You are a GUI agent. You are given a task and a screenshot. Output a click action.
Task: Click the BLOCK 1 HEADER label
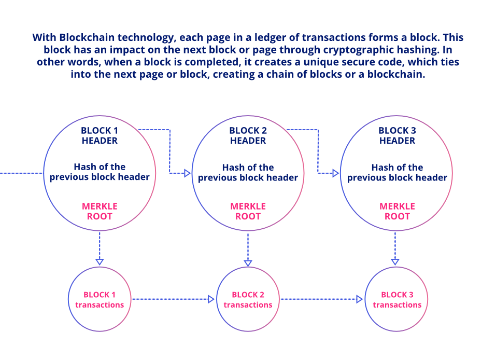click(100, 135)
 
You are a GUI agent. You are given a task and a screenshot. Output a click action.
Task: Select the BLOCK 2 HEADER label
click(248, 135)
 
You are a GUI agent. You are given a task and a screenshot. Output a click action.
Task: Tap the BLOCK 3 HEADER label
click(397, 135)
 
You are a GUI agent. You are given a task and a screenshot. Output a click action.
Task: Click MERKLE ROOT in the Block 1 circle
click(100, 211)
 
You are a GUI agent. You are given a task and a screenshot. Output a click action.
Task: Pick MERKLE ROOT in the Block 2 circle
click(248, 211)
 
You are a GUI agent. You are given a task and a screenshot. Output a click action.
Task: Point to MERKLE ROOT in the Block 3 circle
click(397, 211)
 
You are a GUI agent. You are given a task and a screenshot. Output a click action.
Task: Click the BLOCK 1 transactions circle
click(100, 299)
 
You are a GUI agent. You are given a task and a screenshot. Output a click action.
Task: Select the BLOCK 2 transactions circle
click(248, 299)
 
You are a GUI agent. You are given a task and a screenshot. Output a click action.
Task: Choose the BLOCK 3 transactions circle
click(397, 299)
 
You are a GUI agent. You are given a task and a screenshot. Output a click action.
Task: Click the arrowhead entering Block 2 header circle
click(188, 173)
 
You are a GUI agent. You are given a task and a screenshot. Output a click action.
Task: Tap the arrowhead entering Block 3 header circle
click(336, 173)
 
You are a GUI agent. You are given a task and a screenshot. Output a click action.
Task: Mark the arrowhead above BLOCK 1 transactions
click(100, 261)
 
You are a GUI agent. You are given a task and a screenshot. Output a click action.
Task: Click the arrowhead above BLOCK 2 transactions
click(248, 263)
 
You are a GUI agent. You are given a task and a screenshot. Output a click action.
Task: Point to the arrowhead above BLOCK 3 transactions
click(395, 261)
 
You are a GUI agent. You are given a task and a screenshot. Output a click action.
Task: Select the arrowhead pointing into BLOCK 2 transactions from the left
click(211, 299)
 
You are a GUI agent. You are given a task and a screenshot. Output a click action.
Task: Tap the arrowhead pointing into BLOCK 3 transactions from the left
click(359, 299)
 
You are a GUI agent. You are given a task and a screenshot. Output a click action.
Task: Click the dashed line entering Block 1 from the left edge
click(21, 173)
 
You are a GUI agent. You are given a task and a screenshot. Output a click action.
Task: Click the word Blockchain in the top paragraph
click(84, 38)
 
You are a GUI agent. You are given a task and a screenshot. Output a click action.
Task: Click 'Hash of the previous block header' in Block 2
click(248, 172)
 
